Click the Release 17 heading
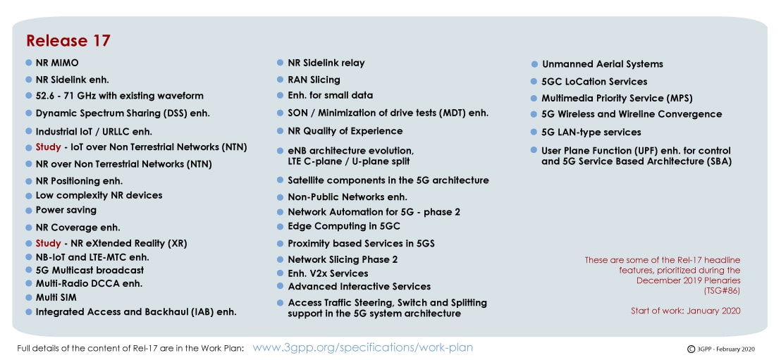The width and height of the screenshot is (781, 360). [68, 41]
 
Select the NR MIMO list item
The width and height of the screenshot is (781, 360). [57, 63]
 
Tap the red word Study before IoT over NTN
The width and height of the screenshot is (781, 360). [49, 147]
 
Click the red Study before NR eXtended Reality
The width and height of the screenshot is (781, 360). [49, 244]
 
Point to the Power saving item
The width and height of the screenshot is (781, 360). [66, 210]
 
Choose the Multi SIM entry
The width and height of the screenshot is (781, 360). [56, 298]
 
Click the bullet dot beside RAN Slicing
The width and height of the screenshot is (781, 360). [281, 80]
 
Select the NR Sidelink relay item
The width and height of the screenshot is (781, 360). [326, 63]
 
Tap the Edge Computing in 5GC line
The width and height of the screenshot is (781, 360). [344, 227]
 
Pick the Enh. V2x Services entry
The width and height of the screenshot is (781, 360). [328, 273]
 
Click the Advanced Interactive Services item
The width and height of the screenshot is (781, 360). [359, 287]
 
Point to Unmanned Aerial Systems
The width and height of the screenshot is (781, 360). [603, 64]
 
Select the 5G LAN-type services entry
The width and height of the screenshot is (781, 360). [591, 132]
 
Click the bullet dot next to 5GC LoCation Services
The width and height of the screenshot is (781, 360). [534, 82]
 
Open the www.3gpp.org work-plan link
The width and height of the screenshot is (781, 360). [362, 347]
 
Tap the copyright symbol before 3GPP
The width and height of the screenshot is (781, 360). [691, 349]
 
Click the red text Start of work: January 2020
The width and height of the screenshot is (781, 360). [685, 311]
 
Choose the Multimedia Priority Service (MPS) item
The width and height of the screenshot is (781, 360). [617, 99]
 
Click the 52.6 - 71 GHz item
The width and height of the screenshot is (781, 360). [120, 96]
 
